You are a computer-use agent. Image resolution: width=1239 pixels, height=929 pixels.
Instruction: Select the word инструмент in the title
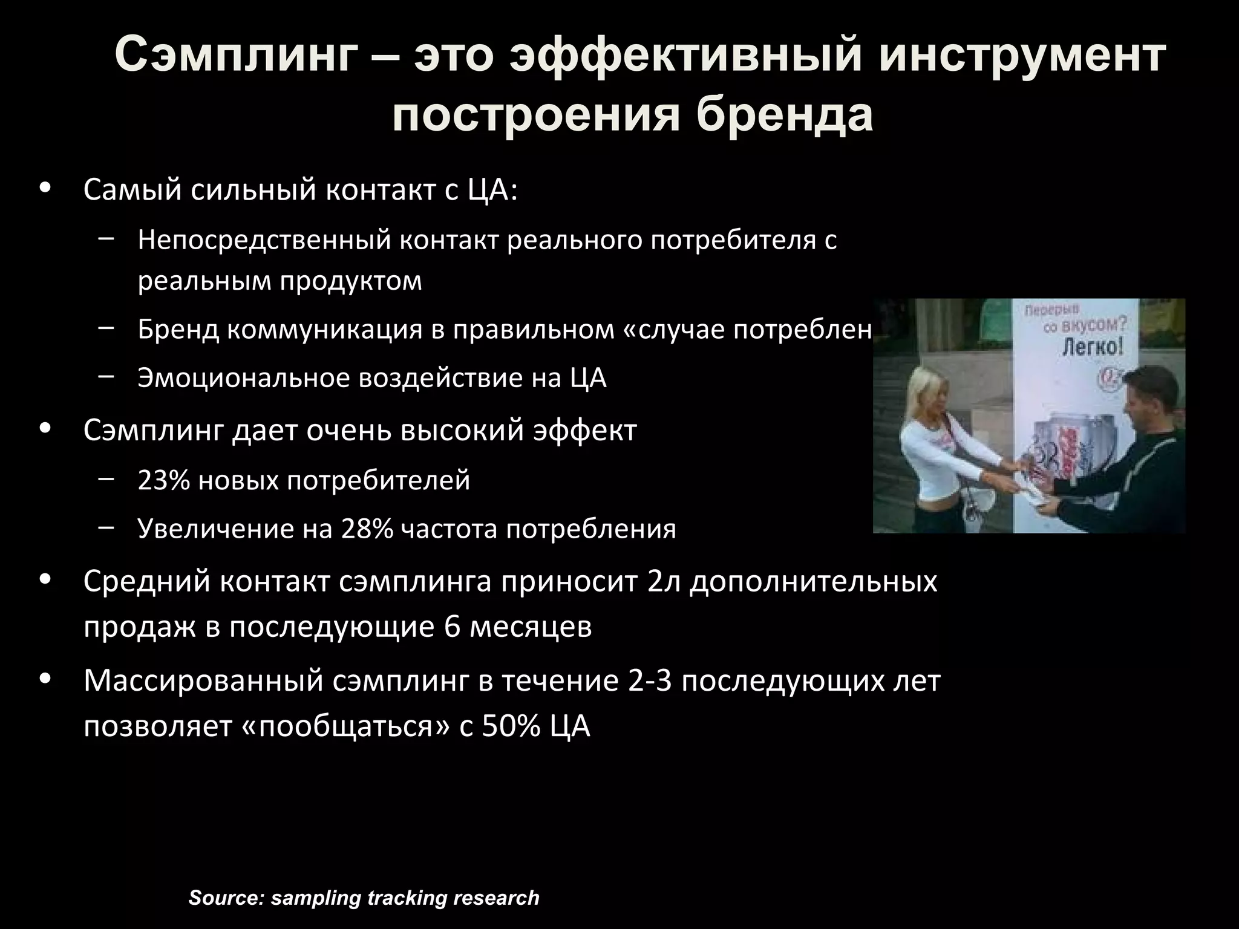click(x=1022, y=56)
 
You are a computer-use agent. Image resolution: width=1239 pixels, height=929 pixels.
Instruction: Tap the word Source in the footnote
click(x=223, y=898)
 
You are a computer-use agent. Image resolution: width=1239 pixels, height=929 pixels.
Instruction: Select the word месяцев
click(x=531, y=627)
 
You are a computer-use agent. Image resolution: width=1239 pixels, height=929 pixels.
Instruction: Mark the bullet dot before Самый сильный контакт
click(x=45, y=187)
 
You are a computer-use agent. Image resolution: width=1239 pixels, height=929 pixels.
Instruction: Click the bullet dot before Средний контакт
click(x=45, y=579)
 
